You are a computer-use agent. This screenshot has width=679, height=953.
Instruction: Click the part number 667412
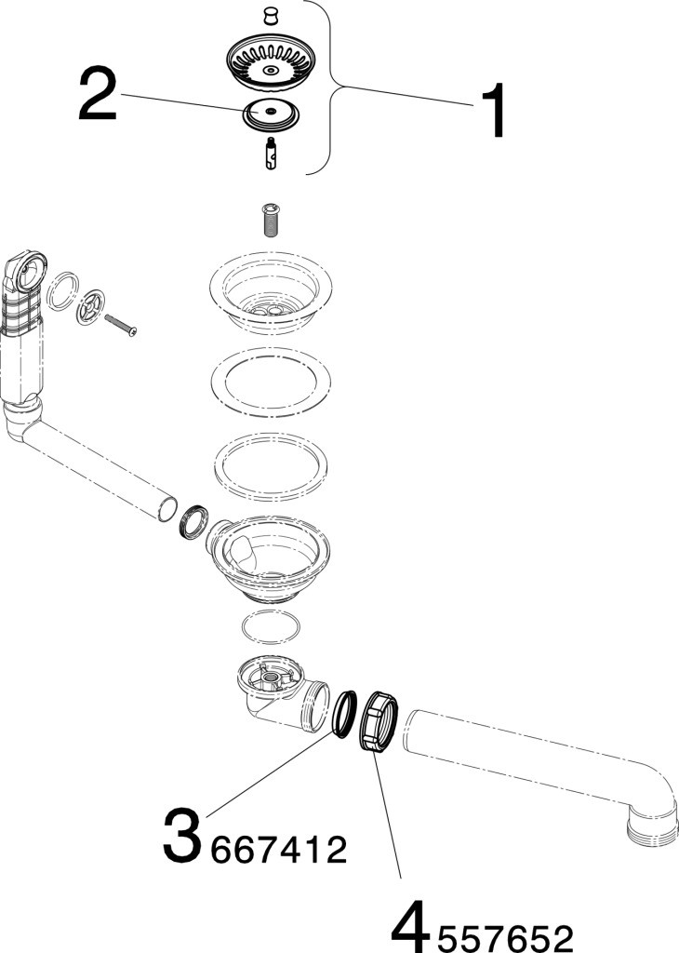point(279,849)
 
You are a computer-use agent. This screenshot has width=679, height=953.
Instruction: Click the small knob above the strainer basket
point(271,17)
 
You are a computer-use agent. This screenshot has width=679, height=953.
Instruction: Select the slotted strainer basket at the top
point(271,63)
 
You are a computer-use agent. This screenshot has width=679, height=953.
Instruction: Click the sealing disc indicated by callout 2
point(271,114)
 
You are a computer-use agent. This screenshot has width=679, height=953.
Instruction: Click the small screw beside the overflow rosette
point(121,325)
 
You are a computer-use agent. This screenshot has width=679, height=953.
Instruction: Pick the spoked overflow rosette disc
point(91,307)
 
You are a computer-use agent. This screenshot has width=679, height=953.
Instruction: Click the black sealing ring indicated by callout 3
point(344,714)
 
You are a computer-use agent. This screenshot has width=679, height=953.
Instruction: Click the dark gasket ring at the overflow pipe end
point(194,521)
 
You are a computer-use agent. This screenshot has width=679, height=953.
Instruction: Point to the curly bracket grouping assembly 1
point(329,88)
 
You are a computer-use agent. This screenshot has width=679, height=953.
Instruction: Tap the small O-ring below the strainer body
point(271,627)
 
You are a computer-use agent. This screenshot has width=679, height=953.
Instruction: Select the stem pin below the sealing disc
point(271,154)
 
